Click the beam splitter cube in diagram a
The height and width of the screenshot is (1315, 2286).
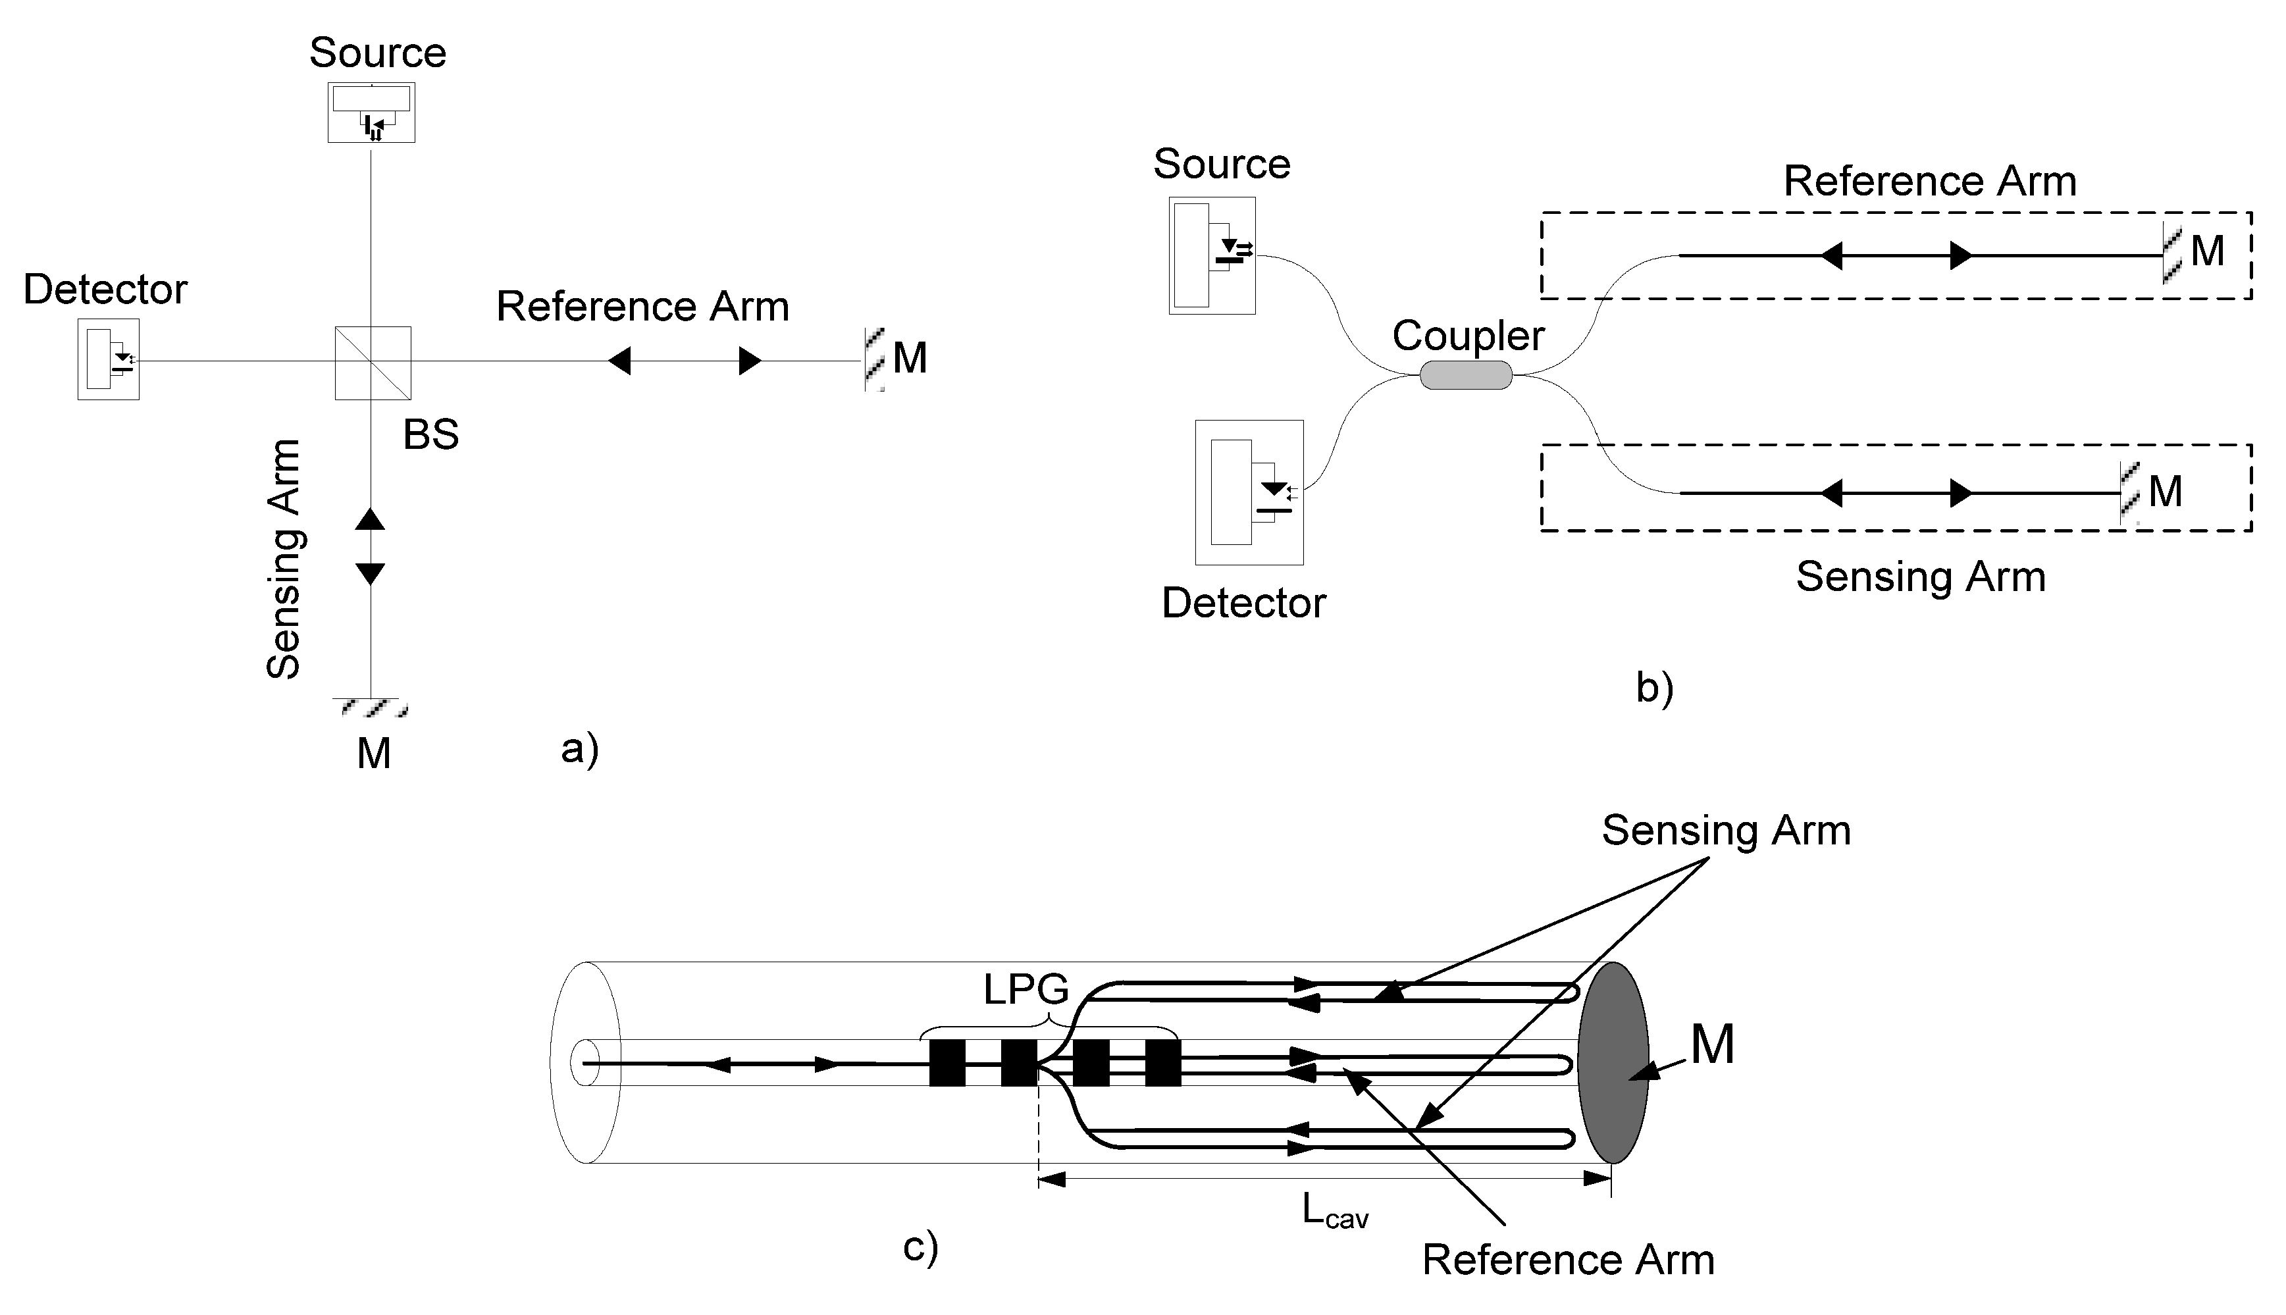373,362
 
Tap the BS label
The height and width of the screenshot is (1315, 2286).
431,435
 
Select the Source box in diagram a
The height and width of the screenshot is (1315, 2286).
371,113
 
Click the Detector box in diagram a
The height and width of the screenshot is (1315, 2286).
109,359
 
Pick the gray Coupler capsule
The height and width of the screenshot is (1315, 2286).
1465,374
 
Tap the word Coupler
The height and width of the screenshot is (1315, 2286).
1468,336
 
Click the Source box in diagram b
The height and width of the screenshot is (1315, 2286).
1212,255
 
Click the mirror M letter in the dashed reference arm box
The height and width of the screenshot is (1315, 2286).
2208,251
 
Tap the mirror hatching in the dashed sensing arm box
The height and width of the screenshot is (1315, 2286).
2130,493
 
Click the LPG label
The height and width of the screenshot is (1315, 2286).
1026,991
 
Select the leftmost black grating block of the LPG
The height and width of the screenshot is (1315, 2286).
947,1063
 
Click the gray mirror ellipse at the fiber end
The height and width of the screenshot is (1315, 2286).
1613,1062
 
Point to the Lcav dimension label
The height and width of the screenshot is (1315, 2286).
1335,1211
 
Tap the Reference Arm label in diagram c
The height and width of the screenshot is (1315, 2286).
1568,1260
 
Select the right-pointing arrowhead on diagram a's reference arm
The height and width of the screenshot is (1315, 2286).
750,361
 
